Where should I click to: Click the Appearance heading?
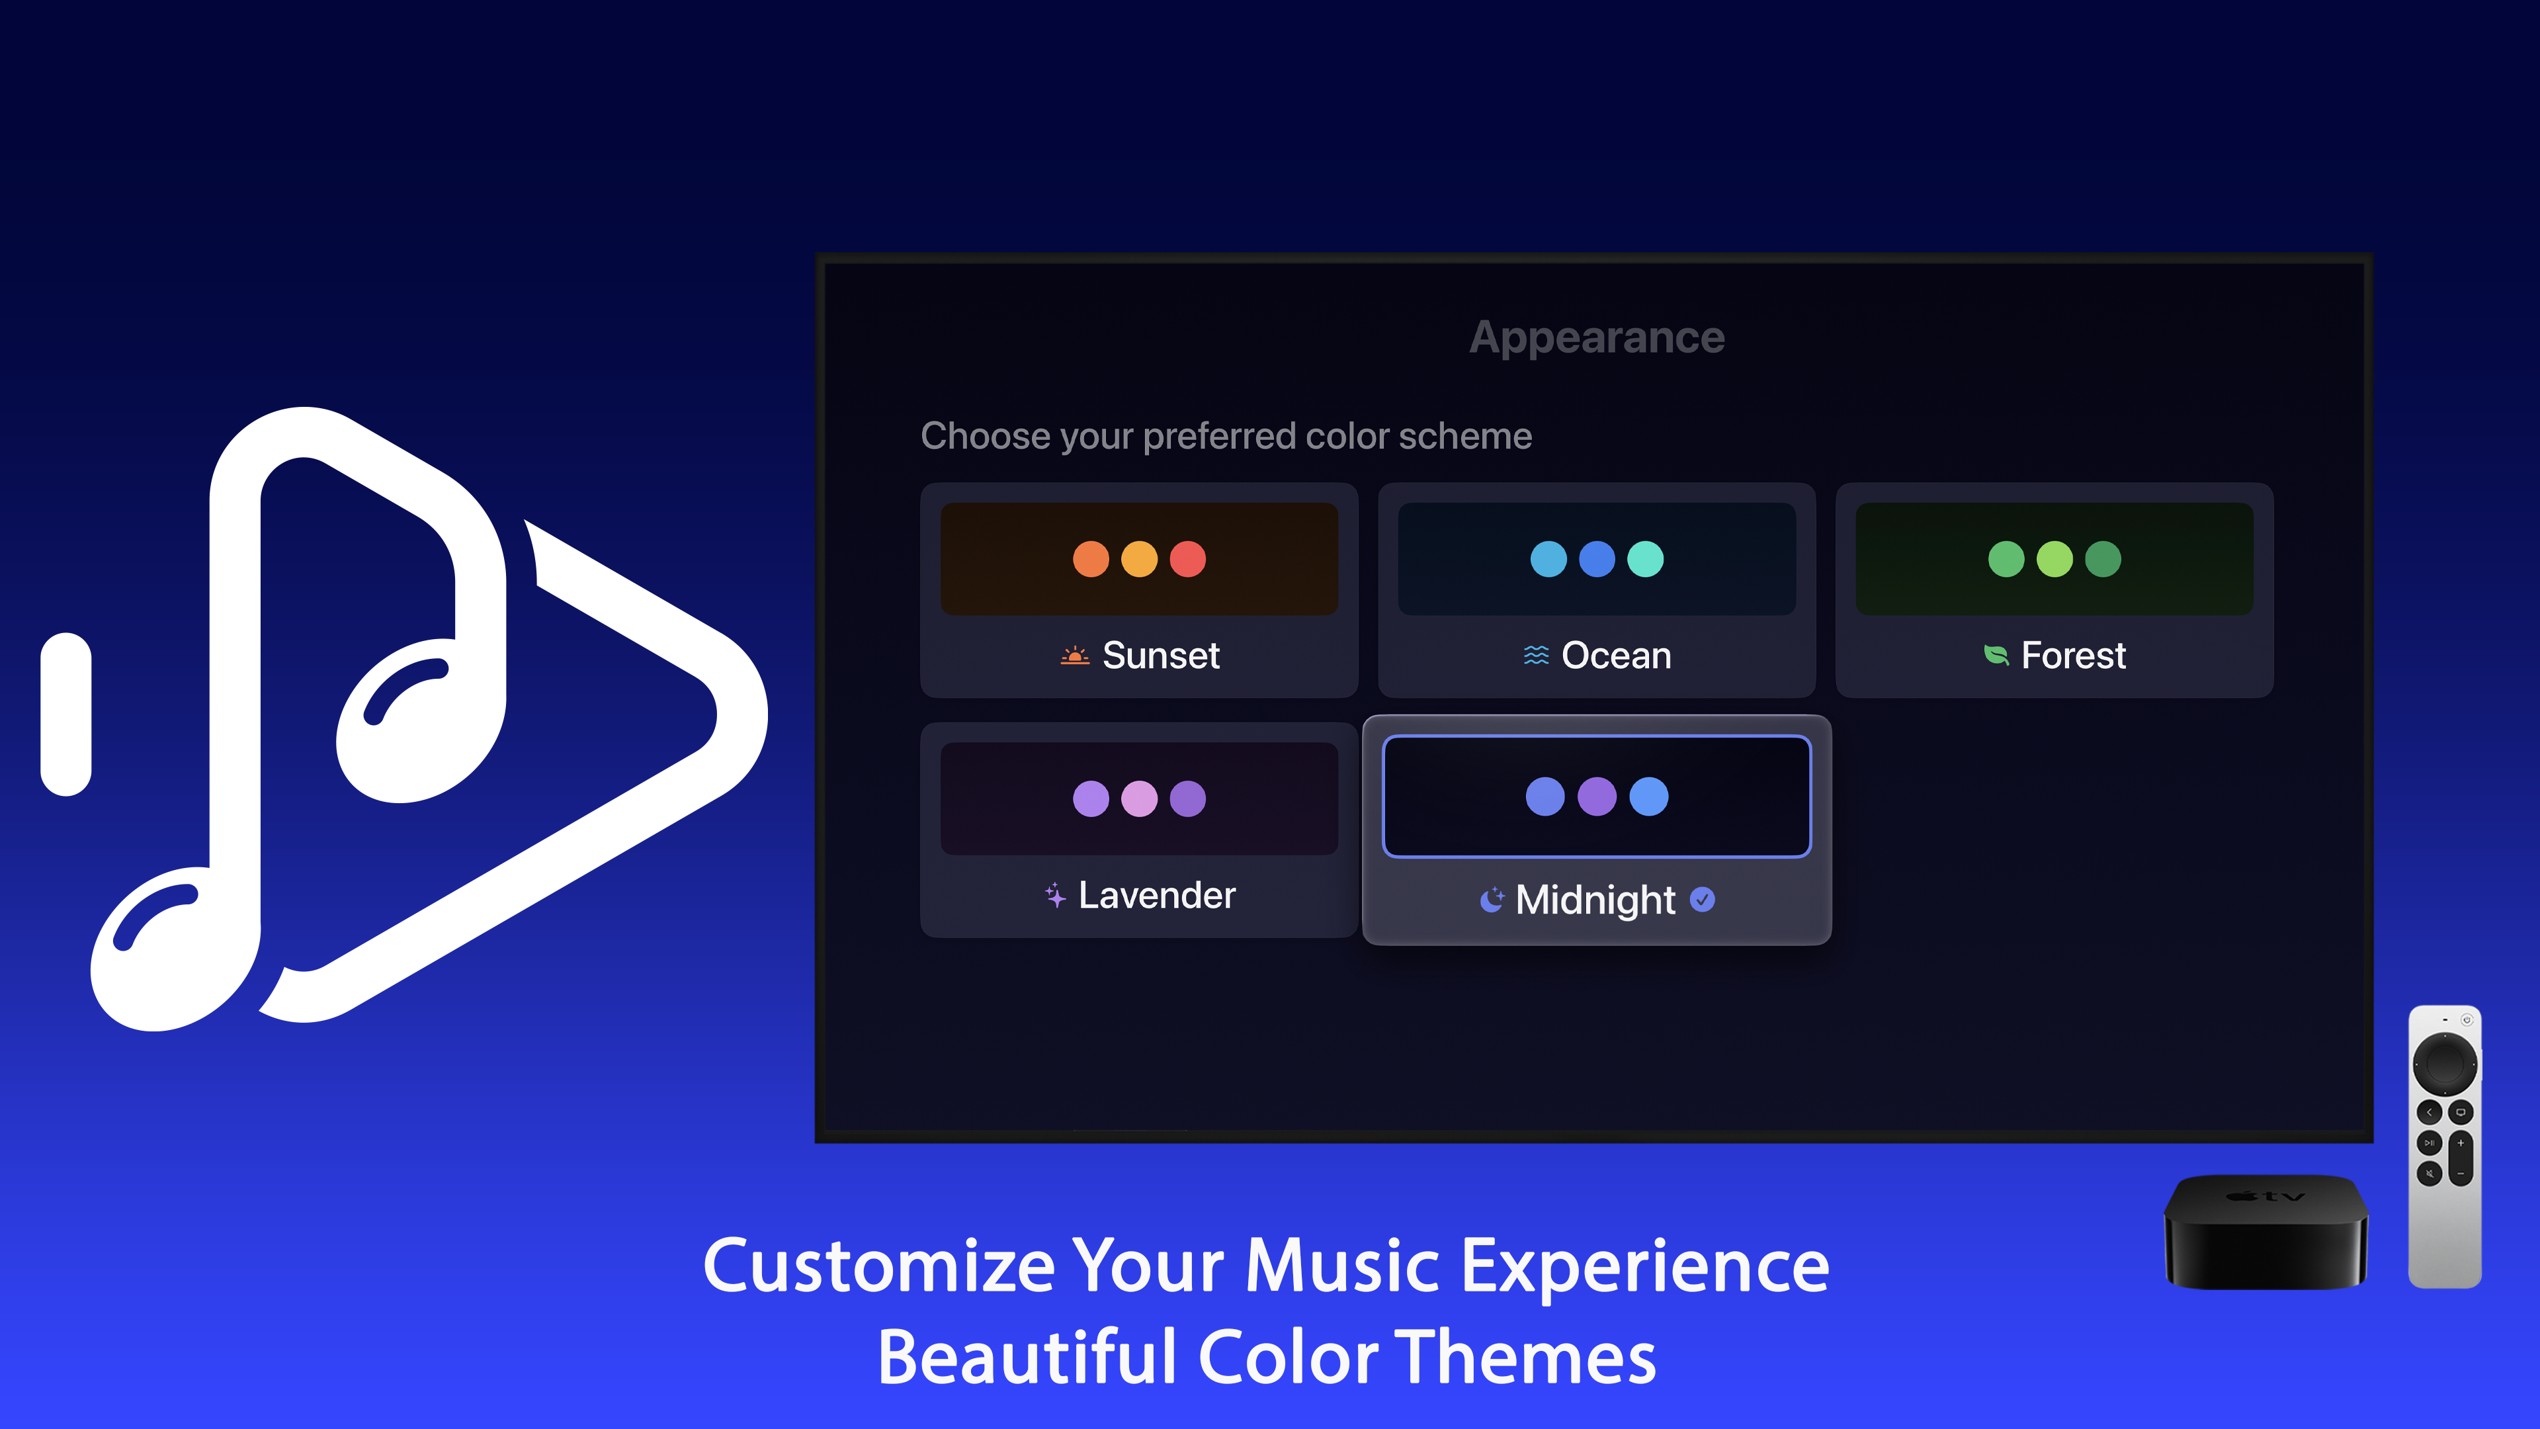(x=1596, y=337)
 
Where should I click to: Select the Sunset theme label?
(x=1161, y=655)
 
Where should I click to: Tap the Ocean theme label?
(x=1616, y=655)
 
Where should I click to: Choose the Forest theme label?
(x=2072, y=655)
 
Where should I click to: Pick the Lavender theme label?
(x=1157, y=894)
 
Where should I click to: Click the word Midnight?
(x=1594, y=900)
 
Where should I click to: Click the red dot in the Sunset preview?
(x=1187, y=559)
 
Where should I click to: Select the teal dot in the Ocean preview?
(x=1644, y=559)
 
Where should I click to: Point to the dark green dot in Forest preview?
(x=2102, y=559)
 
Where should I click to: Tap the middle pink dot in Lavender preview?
(x=1139, y=798)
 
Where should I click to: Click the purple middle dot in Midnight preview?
(x=1596, y=796)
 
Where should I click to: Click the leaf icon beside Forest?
(x=1996, y=655)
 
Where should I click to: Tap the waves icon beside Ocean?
(x=1535, y=655)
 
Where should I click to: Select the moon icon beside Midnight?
(x=1491, y=900)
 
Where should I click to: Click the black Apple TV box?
(x=2265, y=1233)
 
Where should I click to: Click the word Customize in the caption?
(x=878, y=1266)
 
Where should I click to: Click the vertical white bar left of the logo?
(x=66, y=714)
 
